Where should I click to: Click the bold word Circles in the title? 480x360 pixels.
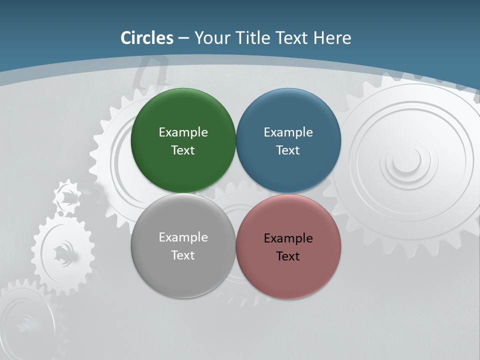[x=147, y=38]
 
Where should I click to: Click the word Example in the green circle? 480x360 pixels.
[x=183, y=132]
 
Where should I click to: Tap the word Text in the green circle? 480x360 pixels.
[x=183, y=150]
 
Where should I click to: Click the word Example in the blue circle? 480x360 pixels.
[x=288, y=132]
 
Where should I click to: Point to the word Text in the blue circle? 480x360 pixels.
[x=288, y=150]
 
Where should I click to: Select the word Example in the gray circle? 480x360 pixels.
[x=183, y=237]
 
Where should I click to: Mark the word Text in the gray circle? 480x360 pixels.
[x=183, y=255]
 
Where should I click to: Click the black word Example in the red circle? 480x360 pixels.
[x=288, y=238]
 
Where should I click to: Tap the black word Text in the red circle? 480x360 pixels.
[x=288, y=256]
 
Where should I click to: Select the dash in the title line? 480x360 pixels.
[x=183, y=38]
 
